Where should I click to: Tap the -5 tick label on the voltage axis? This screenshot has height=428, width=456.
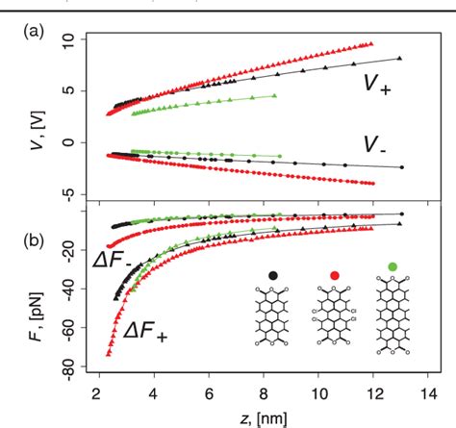(x=66, y=193)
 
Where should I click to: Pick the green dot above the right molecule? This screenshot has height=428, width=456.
(x=393, y=264)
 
